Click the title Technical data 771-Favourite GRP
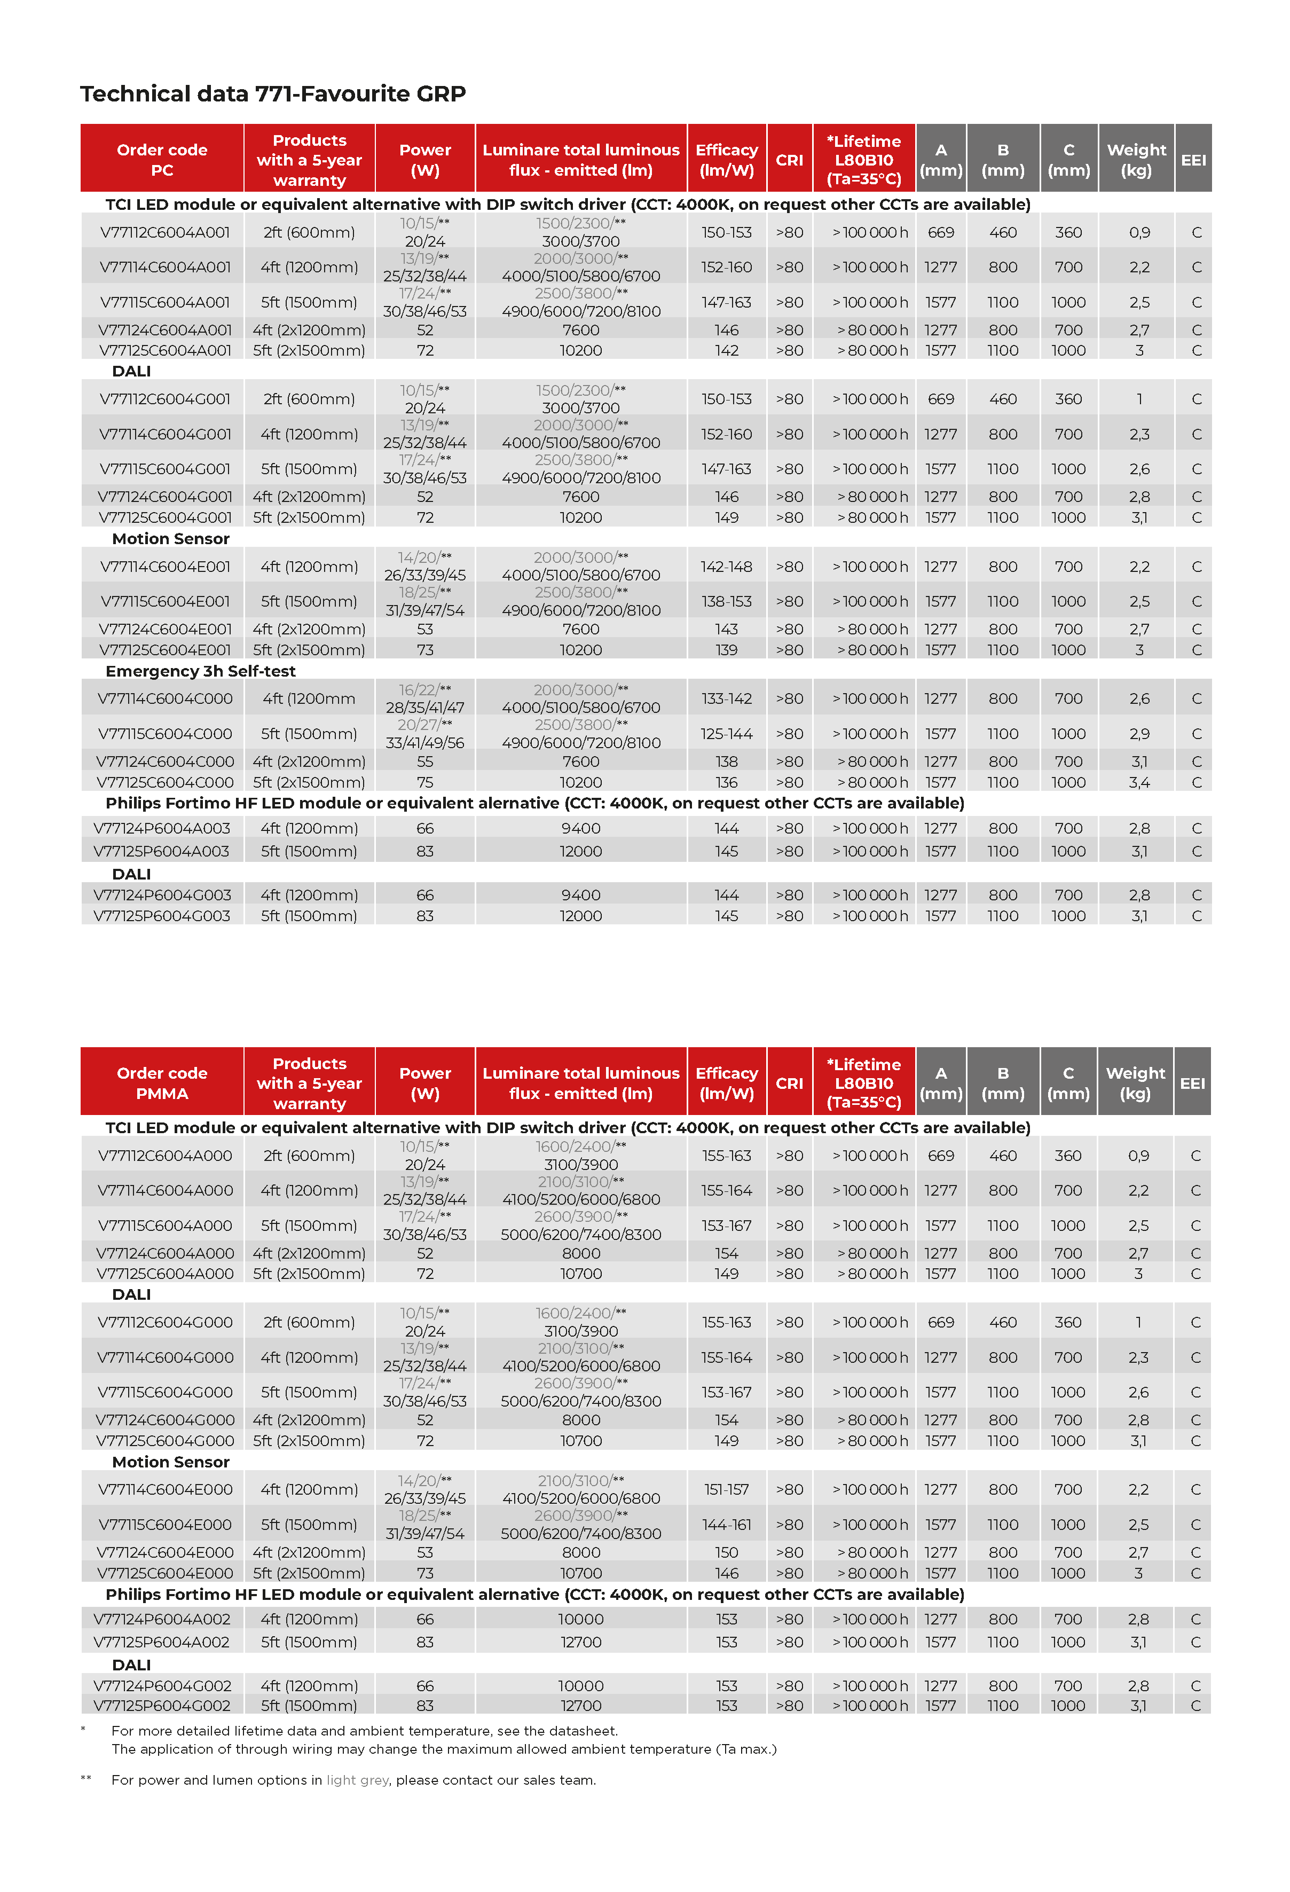click(x=273, y=95)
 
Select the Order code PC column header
click(x=162, y=160)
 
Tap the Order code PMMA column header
click(x=162, y=1083)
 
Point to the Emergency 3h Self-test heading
click(x=200, y=671)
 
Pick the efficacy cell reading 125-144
click(x=726, y=734)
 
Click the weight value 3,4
click(x=1138, y=782)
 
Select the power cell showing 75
click(x=425, y=782)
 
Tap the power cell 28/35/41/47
click(x=425, y=708)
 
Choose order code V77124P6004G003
click(x=162, y=894)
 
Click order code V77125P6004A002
click(x=162, y=1642)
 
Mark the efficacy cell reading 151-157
click(x=726, y=1489)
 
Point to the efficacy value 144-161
click(x=726, y=1524)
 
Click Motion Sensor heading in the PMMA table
click(x=171, y=1462)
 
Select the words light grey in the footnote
click(x=358, y=1780)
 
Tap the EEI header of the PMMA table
click(x=1192, y=1083)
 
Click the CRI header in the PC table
click(x=789, y=160)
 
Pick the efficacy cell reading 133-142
click(x=726, y=698)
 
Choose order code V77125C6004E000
click(x=165, y=1573)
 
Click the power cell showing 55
click(x=425, y=761)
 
